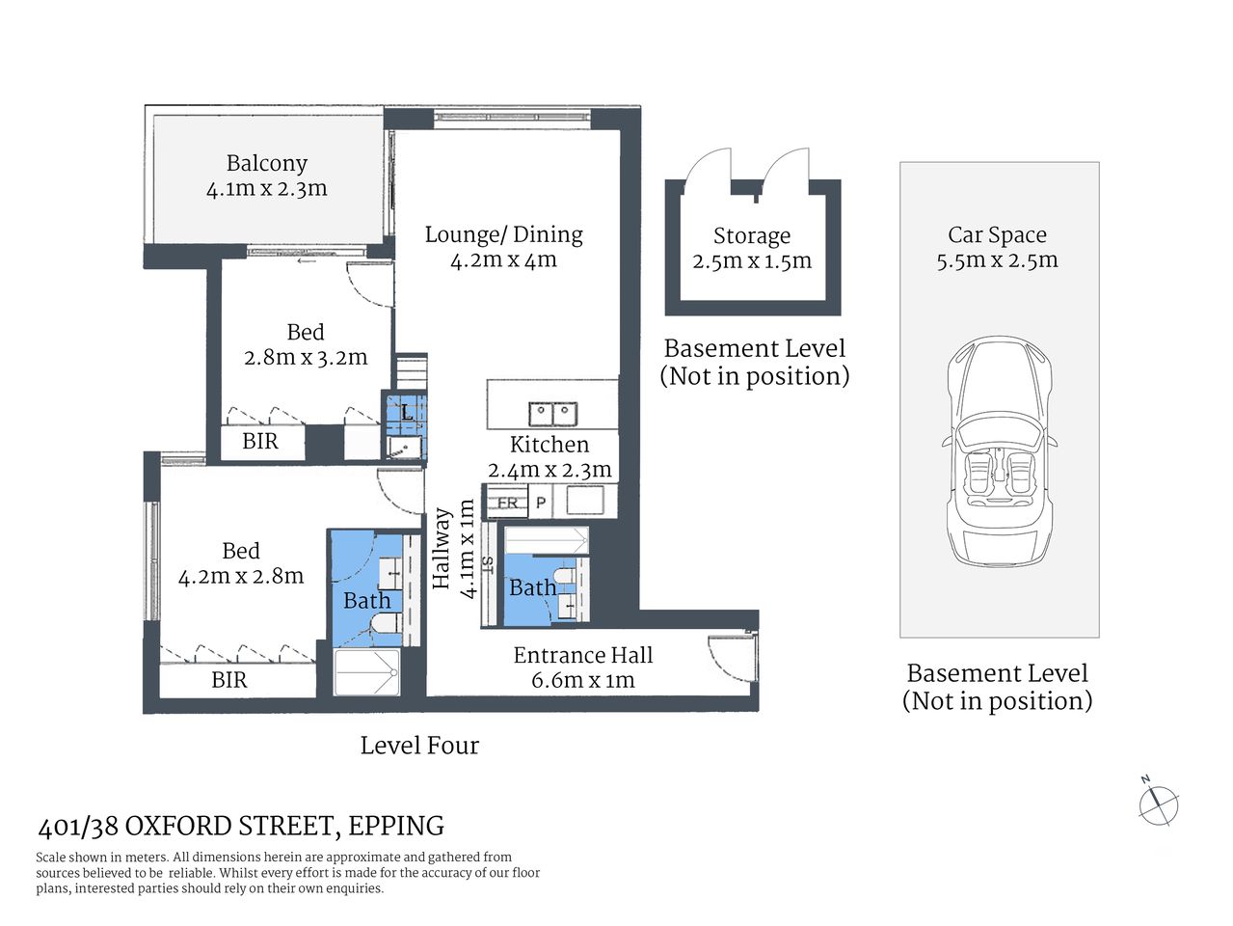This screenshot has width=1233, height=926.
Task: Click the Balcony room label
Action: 266,163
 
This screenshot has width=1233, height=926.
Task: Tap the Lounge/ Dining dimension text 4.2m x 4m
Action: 503,259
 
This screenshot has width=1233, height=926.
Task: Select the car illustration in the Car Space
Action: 998,450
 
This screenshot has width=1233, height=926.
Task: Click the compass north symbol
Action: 1157,803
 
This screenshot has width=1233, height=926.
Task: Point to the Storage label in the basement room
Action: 751,235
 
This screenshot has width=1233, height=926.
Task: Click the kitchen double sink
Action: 552,414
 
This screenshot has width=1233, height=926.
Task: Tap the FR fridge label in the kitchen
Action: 507,503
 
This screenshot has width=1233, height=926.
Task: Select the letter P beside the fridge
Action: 541,503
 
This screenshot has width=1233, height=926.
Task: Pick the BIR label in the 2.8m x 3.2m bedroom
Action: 259,442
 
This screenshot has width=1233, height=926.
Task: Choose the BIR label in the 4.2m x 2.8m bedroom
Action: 228,680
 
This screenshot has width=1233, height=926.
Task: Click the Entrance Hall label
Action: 582,655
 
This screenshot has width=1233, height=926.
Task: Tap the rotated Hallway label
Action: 442,549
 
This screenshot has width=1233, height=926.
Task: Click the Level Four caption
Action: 418,745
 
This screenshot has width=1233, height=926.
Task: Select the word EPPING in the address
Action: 395,826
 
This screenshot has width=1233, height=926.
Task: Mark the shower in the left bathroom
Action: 366,671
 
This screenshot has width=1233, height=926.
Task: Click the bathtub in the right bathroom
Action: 546,539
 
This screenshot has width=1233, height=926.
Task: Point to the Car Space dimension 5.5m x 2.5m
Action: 997,260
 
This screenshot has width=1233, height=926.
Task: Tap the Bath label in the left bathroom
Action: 366,600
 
